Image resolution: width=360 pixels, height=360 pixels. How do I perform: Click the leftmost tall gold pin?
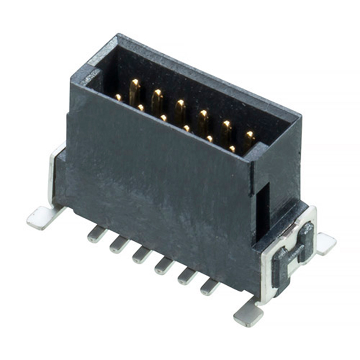click(x=134, y=91)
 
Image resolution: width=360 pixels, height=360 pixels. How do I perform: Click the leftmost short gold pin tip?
click(x=118, y=97)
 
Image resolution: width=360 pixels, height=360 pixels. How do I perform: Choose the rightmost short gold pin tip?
click(x=232, y=149)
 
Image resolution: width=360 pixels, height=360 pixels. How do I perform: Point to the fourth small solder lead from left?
click(x=164, y=265)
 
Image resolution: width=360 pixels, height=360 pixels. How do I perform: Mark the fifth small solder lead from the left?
click(x=186, y=276)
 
